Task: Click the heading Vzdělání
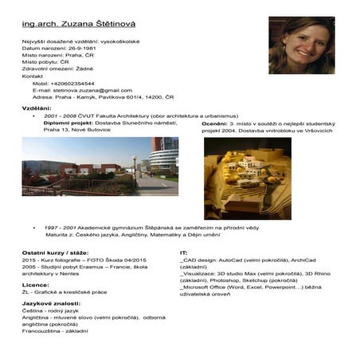(37, 108)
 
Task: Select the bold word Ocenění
(214, 124)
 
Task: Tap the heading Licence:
(36, 284)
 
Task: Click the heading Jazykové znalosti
(51, 303)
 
